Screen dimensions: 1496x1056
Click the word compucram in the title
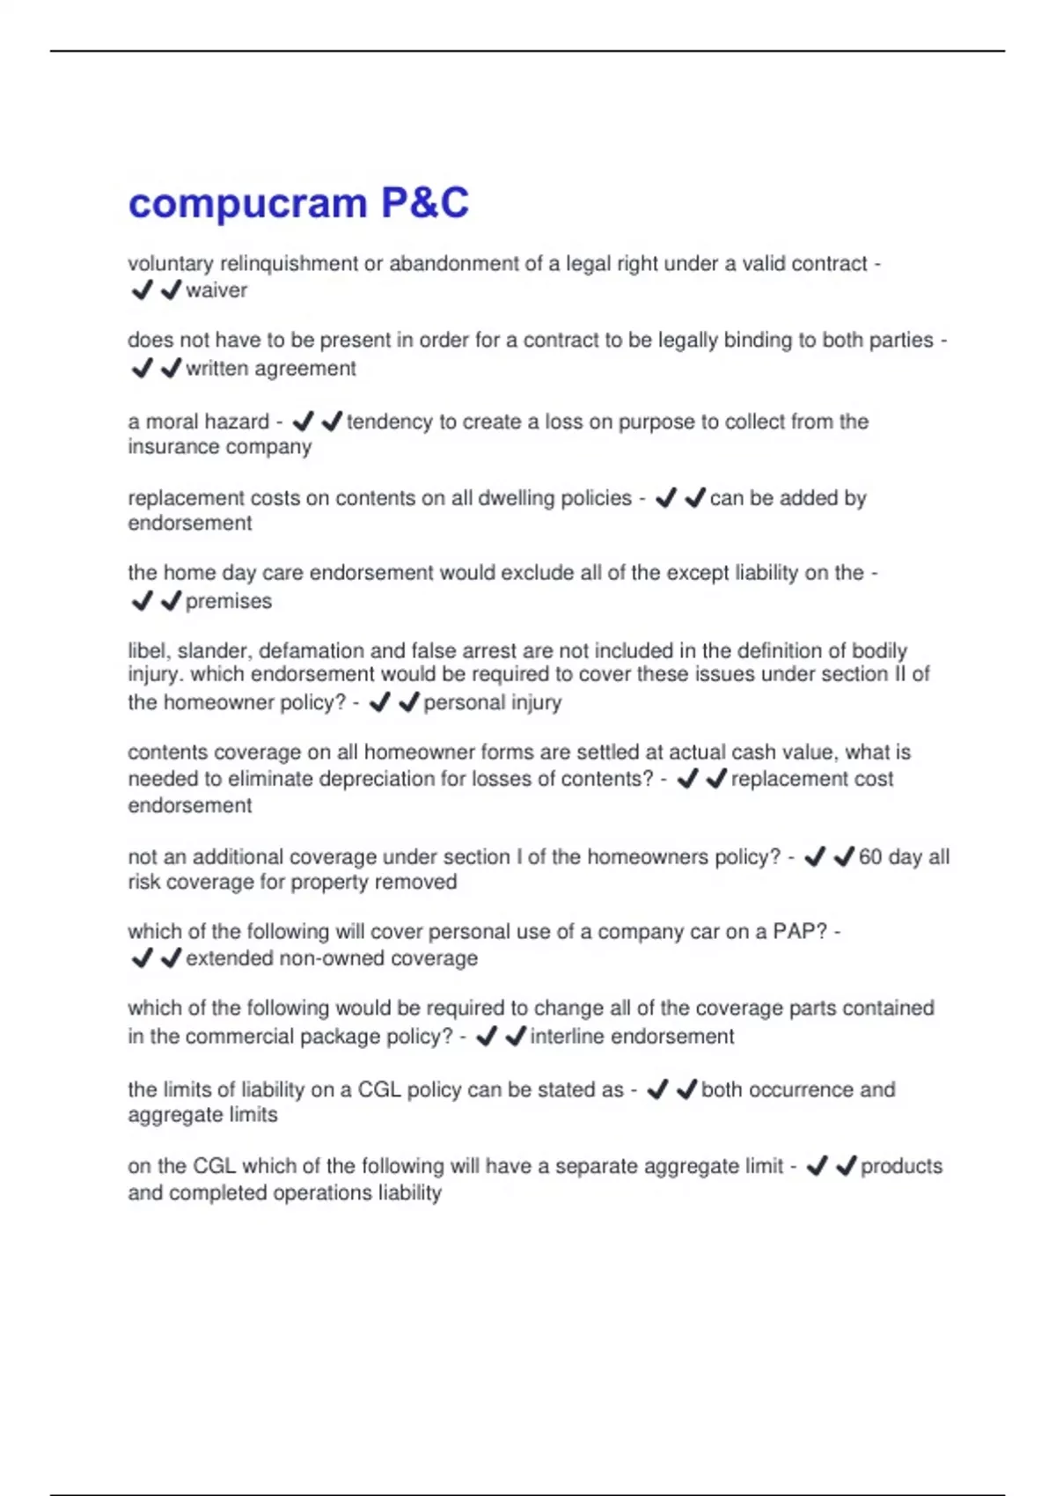[247, 203]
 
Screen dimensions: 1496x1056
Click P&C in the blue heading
[425, 203]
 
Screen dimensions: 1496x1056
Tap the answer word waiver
[216, 290]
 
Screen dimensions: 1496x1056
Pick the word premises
[229, 601]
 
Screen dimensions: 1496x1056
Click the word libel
[148, 650]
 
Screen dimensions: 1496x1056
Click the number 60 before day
[870, 856]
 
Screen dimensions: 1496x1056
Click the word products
[901, 1166]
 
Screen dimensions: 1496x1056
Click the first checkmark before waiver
[142, 290]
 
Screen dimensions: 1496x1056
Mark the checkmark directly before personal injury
[408, 702]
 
